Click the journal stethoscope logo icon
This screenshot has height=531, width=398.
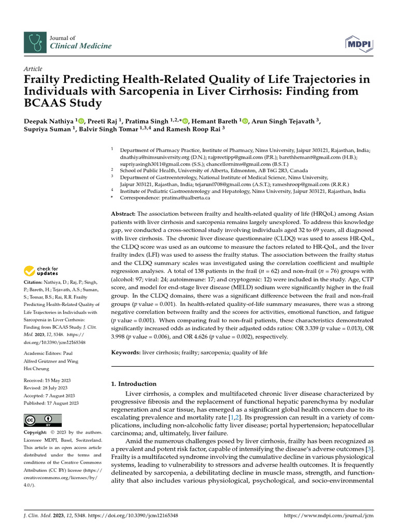35,42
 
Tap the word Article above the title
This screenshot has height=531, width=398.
33,69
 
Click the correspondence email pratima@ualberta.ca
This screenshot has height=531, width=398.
190,198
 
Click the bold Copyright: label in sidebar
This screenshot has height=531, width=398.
38,432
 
